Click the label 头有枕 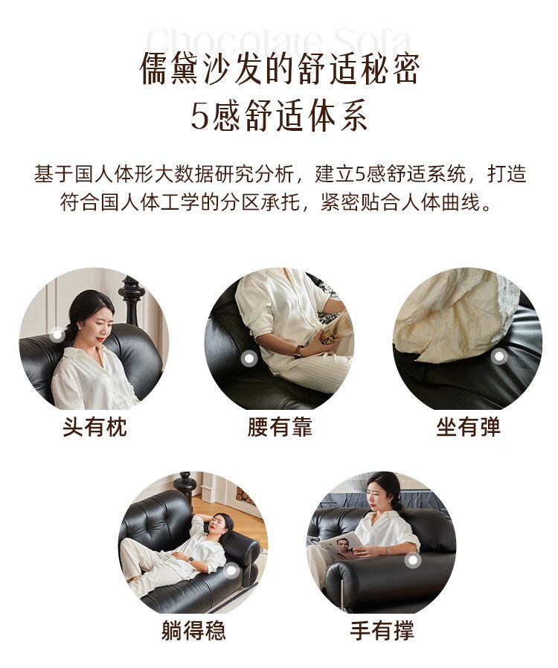click(94, 426)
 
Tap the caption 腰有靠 click(280, 426)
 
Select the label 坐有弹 click(468, 426)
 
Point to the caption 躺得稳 click(193, 629)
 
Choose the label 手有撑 click(382, 629)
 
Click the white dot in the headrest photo click(57, 335)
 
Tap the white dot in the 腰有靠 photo click(248, 359)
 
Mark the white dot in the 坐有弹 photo click(499, 356)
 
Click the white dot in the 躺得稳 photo click(231, 571)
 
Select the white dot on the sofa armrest click(412, 560)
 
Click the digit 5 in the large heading click(199, 116)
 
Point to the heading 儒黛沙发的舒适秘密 click(280, 68)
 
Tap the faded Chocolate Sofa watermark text click(279, 42)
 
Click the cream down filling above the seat click(458, 315)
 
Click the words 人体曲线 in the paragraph click(440, 202)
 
